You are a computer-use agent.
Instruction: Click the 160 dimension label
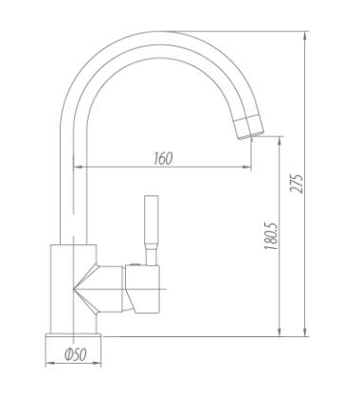point(164,158)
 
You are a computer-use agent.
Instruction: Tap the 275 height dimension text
point(297,184)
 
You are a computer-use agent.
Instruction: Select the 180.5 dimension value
point(271,237)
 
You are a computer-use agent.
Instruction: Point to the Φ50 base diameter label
point(75,354)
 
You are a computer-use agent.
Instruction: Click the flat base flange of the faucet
point(73,336)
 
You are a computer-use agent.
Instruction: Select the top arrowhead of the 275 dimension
point(305,36)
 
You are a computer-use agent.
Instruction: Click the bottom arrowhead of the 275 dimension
point(305,331)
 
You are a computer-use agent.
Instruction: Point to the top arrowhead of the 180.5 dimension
point(279,142)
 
